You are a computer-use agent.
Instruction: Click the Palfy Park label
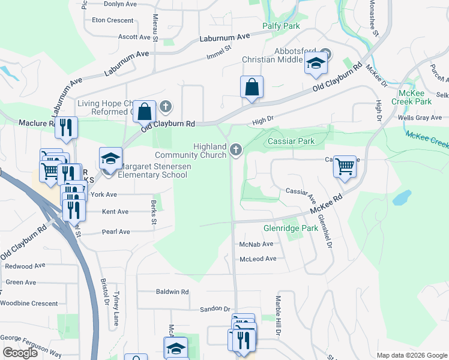(281, 26)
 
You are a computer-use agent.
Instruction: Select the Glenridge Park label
(291, 229)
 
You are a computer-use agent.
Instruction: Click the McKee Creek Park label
(420, 97)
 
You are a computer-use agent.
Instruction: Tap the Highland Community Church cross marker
(236, 150)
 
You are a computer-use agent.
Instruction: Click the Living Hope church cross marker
(166, 107)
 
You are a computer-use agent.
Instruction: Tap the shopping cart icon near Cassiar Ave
(345, 166)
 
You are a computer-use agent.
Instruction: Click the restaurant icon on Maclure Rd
(66, 127)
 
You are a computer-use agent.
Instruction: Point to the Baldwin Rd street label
(172, 292)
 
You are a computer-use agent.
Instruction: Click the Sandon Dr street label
(218, 309)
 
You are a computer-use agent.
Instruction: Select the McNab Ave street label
(256, 245)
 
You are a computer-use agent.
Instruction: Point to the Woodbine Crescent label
(29, 304)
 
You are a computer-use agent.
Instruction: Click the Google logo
(20, 353)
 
